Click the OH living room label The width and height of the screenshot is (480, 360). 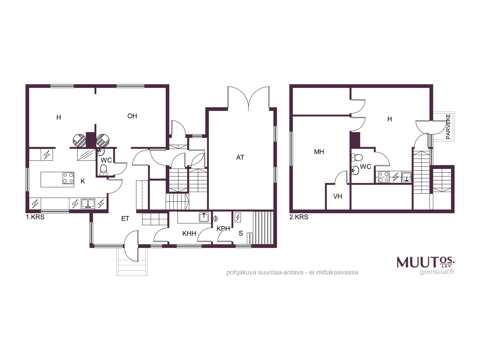tap(132, 116)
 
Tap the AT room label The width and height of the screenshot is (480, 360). tap(240, 157)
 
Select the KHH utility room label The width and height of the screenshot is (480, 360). tap(189, 234)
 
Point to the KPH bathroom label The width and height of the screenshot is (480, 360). tap(223, 229)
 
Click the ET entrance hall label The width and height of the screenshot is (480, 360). tap(125, 219)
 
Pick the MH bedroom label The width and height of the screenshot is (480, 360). tap(319, 152)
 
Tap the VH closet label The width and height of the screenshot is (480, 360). tap(337, 196)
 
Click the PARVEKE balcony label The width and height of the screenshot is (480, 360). tap(448, 126)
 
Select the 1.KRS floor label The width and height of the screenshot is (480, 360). tap(35, 217)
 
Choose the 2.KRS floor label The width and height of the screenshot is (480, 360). tap(299, 217)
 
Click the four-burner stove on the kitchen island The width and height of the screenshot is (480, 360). tap(68, 178)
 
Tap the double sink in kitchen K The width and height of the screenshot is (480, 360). tap(88, 203)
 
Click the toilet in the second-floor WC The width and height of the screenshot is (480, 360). tap(357, 157)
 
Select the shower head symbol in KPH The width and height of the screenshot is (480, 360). tap(216, 218)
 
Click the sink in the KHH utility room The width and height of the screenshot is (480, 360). tap(204, 217)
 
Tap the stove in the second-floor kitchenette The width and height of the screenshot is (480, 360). tap(384, 177)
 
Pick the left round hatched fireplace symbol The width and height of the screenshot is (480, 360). tap(79, 140)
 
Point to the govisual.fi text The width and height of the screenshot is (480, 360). tap(437, 272)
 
